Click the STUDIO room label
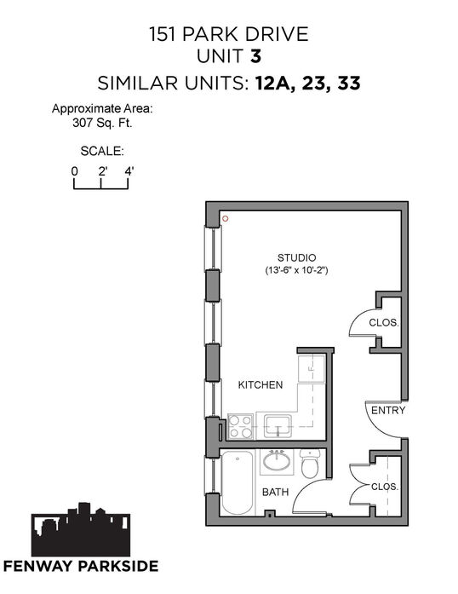pyautogui.click(x=296, y=257)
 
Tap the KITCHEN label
pyautogui.click(x=260, y=385)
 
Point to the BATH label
pyautogui.click(x=275, y=492)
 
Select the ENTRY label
pyautogui.click(x=388, y=410)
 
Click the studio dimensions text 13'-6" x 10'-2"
pyautogui.click(x=296, y=270)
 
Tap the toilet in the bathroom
pyautogui.click(x=310, y=464)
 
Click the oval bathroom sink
pyautogui.click(x=277, y=461)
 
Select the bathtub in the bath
pyautogui.click(x=237, y=482)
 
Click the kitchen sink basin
pyautogui.click(x=278, y=426)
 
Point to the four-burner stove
pyautogui.click(x=241, y=427)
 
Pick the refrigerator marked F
pyautogui.click(x=312, y=369)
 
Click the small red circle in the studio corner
pyautogui.click(x=226, y=218)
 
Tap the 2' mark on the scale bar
pyautogui.click(x=102, y=171)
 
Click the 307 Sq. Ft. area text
pyautogui.click(x=102, y=123)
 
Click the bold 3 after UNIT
pyautogui.click(x=256, y=56)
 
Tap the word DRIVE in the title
pyautogui.click(x=277, y=34)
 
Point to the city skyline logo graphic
pyautogui.click(x=81, y=529)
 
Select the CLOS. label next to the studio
pyautogui.click(x=384, y=323)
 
